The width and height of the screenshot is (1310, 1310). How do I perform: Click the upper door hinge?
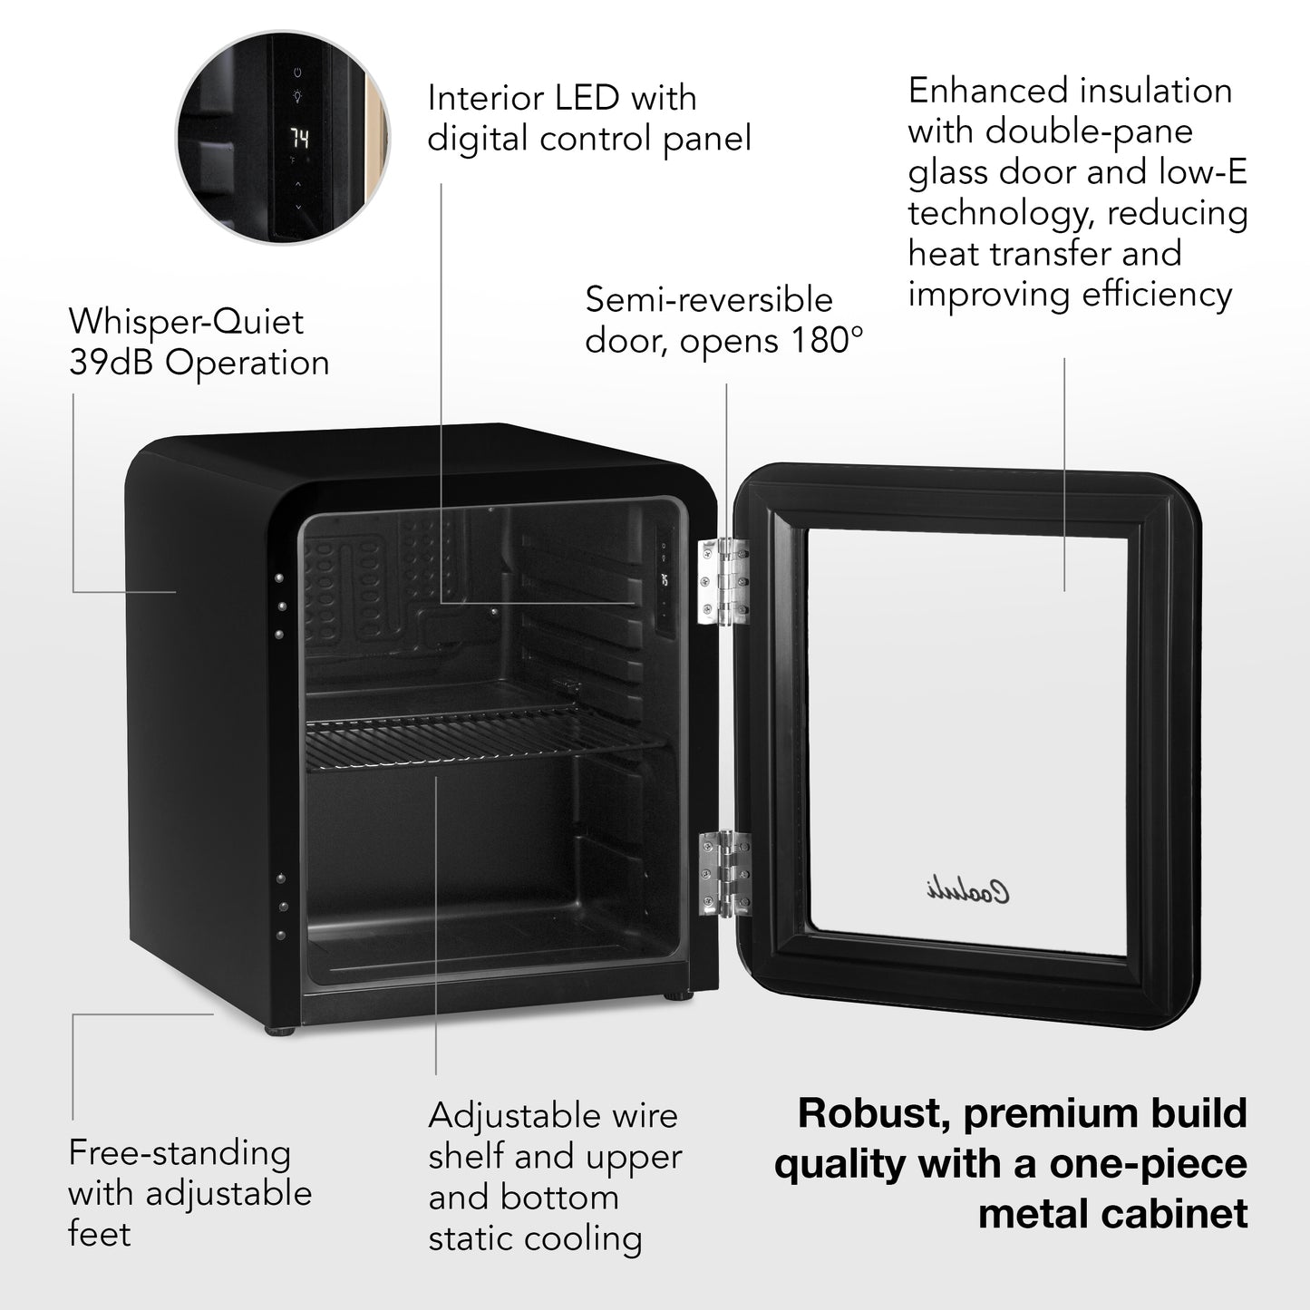tap(723, 581)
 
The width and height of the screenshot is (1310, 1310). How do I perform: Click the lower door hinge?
tap(724, 874)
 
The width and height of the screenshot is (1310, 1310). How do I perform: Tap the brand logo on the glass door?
tap(967, 892)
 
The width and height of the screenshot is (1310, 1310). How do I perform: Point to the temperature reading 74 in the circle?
tap(299, 139)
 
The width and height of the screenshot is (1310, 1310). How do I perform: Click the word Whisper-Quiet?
tap(186, 322)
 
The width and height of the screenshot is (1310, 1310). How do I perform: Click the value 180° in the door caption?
tap(824, 341)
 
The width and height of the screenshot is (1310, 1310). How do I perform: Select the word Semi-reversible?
tap(708, 300)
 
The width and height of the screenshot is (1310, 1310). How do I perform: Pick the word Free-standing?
tap(180, 1153)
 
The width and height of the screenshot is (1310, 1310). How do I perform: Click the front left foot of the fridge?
tap(280, 1031)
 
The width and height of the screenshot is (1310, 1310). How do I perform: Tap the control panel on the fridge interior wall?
tap(665, 580)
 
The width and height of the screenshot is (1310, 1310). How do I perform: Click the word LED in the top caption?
tap(603, 98)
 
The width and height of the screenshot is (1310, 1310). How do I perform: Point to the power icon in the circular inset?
tap(298, 73)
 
